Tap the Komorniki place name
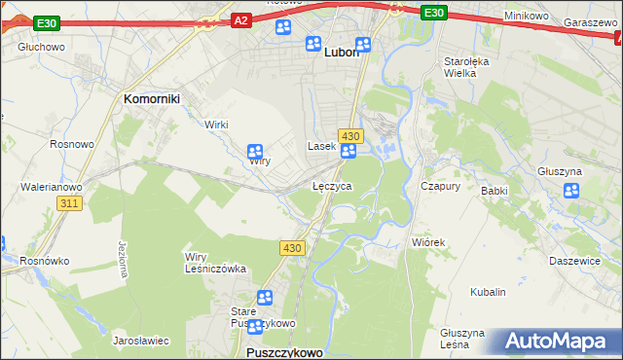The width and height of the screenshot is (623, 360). (153, 98)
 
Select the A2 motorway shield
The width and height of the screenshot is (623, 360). (242, 18)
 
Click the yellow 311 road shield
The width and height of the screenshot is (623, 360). (68, 203)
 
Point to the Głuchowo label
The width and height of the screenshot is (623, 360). (41, 46)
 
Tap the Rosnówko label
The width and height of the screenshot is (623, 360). (42, 260)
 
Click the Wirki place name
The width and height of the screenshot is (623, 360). (216, 124)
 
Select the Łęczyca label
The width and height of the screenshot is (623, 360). (331, 185)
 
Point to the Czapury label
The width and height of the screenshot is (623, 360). (439, 185)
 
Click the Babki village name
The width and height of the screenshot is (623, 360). (495, 191)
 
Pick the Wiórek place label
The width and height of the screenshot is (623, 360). (427, 242)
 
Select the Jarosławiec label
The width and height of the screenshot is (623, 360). (141, 342)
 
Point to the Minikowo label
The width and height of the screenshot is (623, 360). (528, 17)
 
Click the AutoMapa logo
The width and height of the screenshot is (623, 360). (554, 342)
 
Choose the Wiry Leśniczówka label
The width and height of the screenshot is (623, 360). (215, 263)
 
